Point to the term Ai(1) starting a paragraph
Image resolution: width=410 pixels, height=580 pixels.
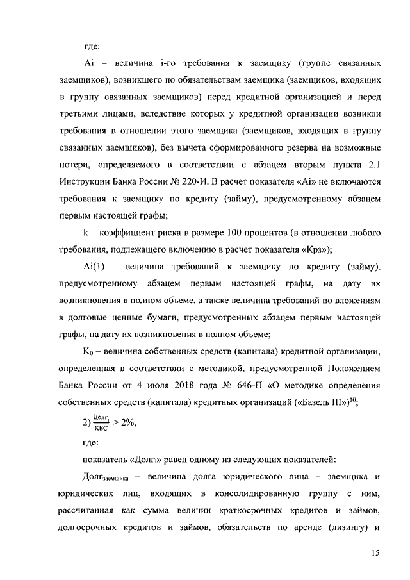click(94, 266)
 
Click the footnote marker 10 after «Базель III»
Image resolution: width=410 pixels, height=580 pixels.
click(354, 399)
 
